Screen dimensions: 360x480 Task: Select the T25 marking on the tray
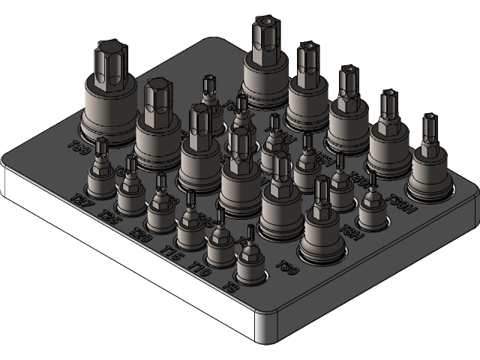coord(108,217)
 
